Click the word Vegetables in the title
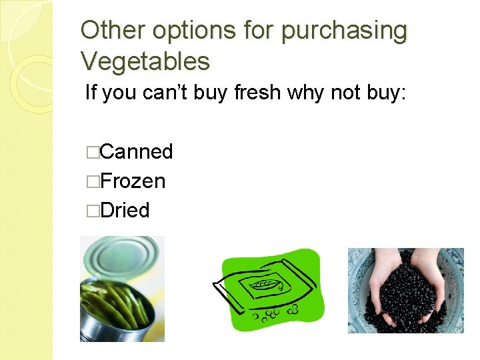pos(145,61)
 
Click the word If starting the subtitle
pos(91,93)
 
